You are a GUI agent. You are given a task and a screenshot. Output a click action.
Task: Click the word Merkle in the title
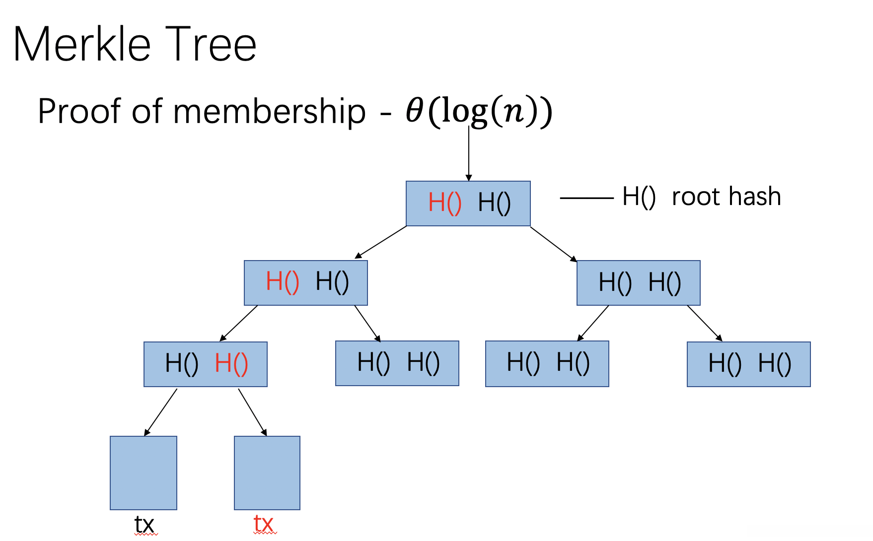pos(82,45)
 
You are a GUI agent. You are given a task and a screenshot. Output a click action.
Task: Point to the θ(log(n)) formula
pos(479,111)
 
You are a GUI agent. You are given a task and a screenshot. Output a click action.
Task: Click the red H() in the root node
pos(444,203)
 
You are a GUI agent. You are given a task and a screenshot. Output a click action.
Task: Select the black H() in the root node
pos(494,203)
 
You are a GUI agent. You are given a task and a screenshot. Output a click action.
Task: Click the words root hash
pos(726,197)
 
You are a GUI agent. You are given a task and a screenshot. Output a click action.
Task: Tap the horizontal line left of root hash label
pos(586,198)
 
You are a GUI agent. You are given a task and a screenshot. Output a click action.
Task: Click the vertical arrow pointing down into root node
pos(469,154)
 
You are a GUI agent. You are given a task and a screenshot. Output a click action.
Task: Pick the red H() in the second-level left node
pos(282,282)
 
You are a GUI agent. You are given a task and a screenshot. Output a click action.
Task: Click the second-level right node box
pos(639,283)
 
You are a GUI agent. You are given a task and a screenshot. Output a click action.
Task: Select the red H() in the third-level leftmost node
pos(231,364)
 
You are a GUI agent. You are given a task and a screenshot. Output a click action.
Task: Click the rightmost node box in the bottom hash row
pos(748,364)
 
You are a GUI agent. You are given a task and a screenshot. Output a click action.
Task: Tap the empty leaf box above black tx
pos(144,473)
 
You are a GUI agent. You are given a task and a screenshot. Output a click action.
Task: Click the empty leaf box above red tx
pos(267,473)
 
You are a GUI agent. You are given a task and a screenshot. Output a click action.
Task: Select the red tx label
pos(264,524)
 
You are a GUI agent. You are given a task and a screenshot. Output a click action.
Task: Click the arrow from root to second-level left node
pos(381,242)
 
